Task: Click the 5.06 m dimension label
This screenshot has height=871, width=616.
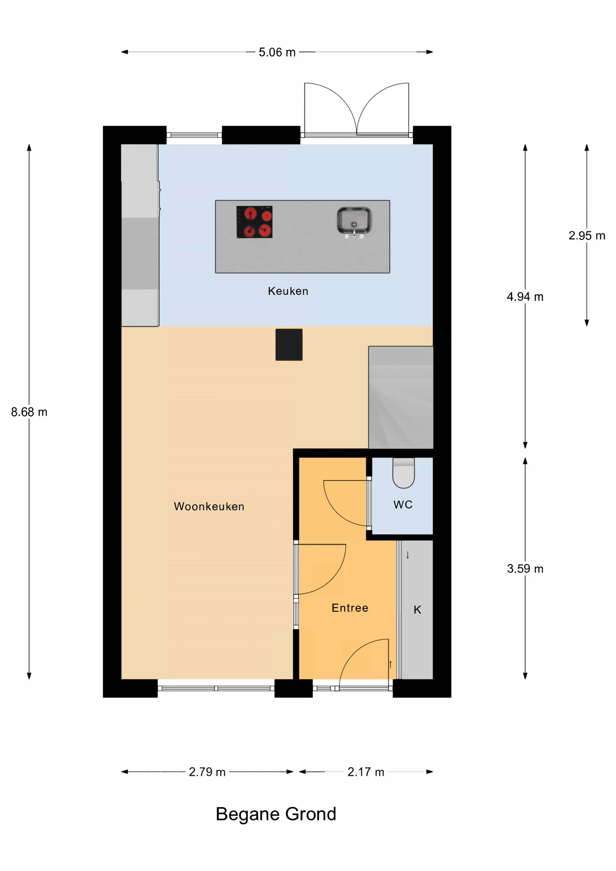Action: tap(277, 52)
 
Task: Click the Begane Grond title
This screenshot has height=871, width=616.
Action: tap(276, 814)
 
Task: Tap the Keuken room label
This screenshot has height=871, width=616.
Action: tap(288, 291)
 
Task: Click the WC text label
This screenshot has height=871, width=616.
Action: tap(403, 505)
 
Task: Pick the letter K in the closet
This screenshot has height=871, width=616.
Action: tap(417, 610)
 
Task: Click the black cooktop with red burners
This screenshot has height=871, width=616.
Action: tap(255, 222)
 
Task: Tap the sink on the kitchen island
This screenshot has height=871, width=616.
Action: tap(354, 223)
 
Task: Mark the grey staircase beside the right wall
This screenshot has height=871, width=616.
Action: tap(401, 397)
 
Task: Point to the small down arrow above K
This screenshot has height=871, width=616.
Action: tap(408, 555)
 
